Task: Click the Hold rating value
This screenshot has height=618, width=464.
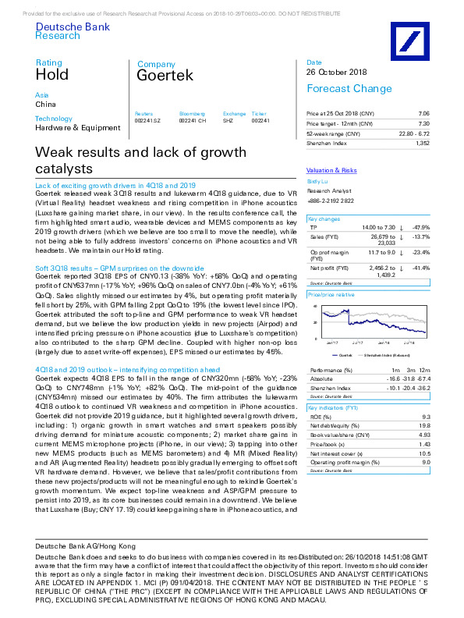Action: tap(51, 75)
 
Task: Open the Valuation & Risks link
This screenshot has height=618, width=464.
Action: tap(331, 169)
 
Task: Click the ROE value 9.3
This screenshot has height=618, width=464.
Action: tap(424, 417)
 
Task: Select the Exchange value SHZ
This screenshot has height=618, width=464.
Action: tap(228, 121)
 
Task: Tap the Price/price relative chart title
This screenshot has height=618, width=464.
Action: tap(333, 295)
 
